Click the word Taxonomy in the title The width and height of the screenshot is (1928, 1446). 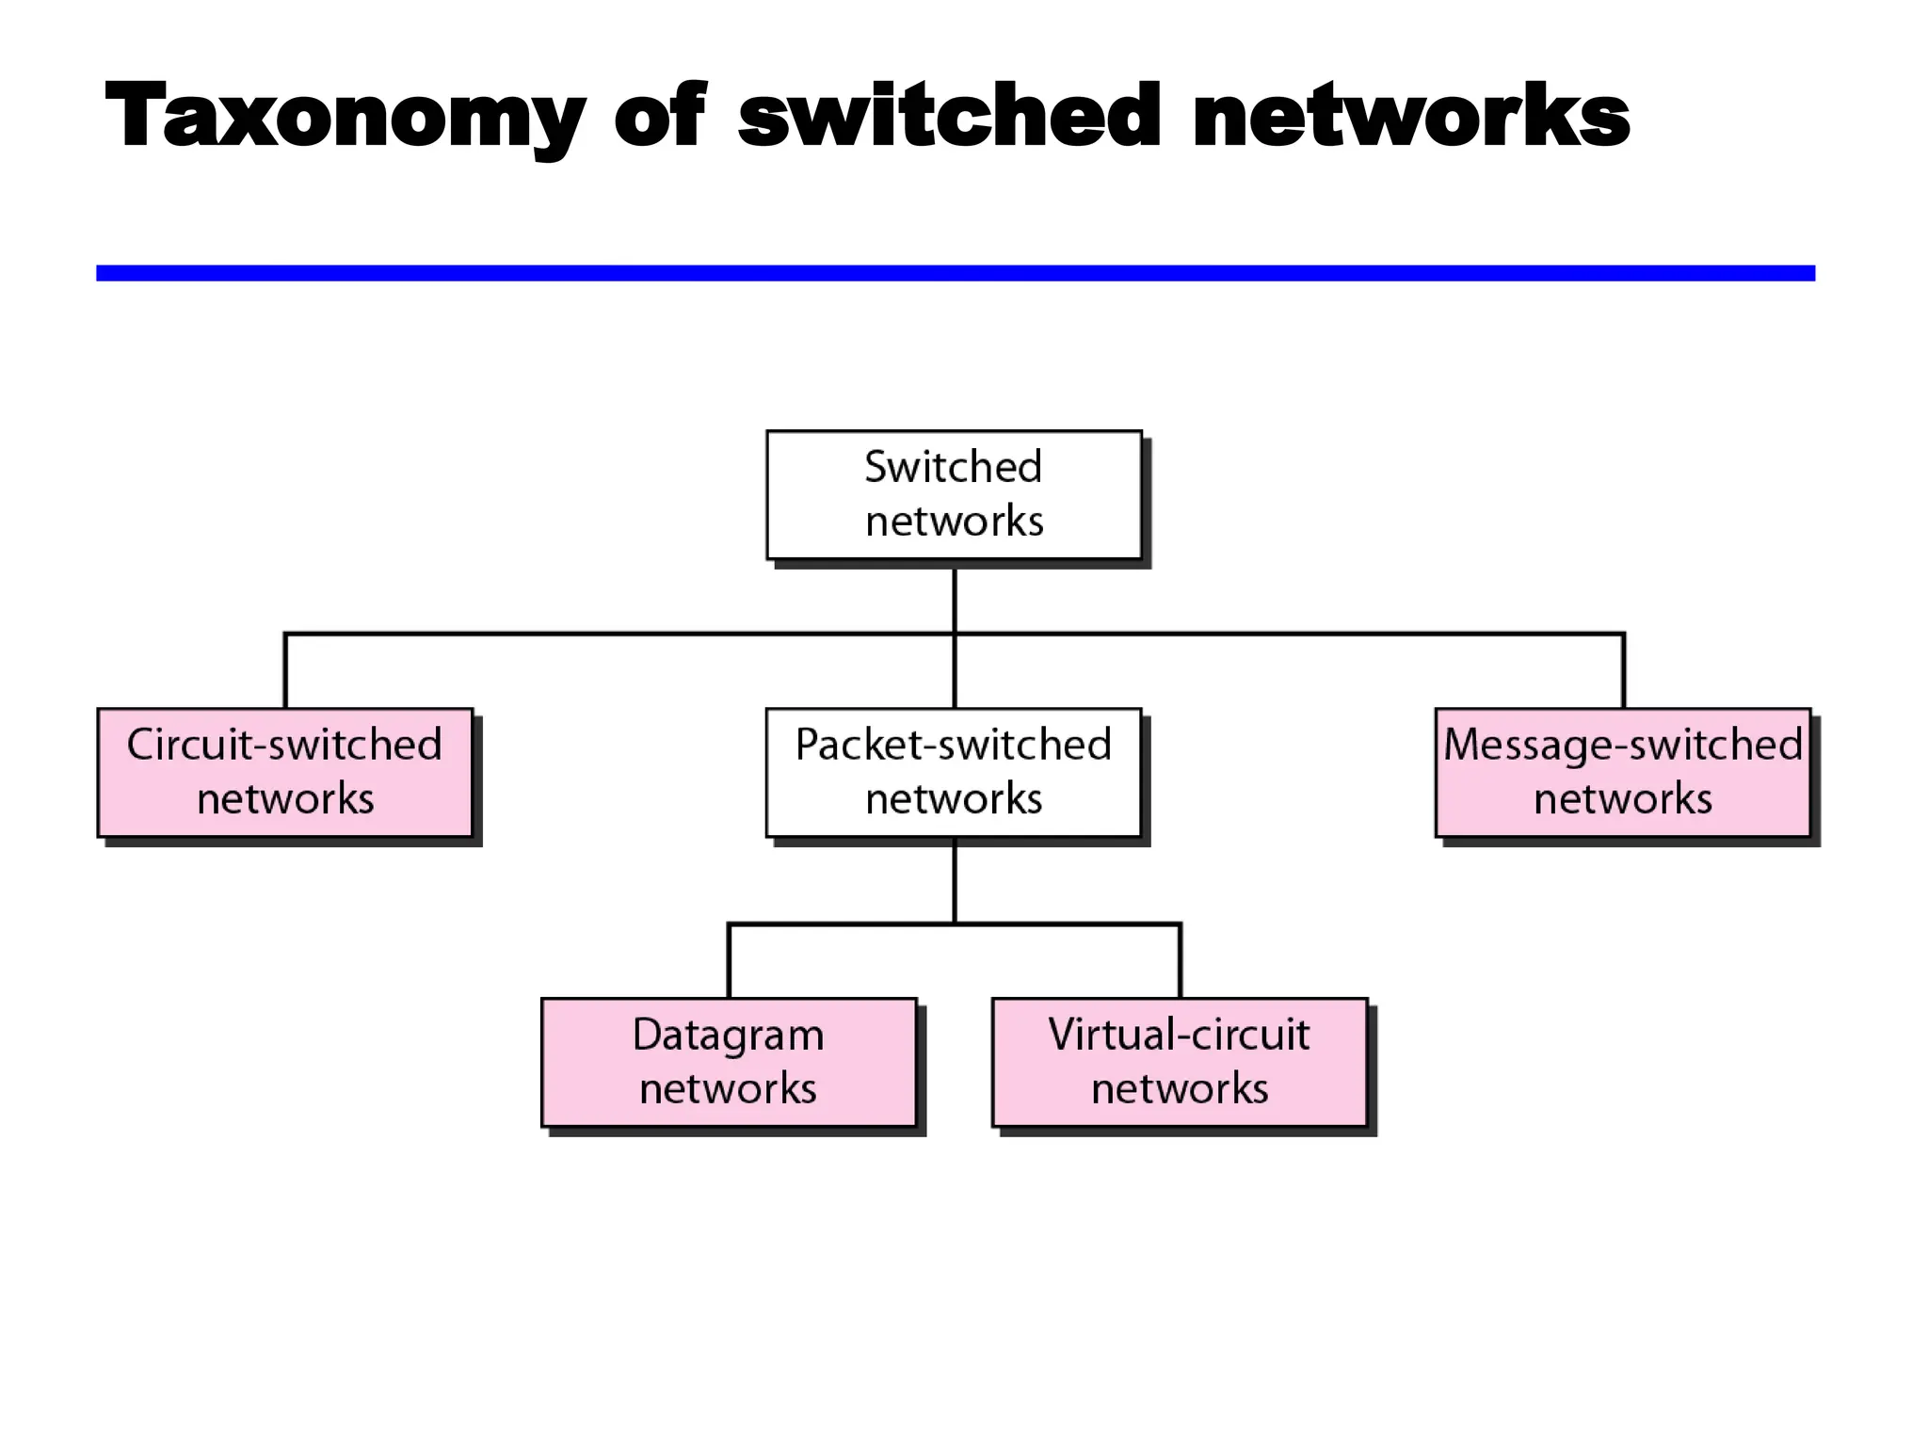point(345,117)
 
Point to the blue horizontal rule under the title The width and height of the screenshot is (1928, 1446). point(955,273)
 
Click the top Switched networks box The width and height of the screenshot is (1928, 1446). point(954,495)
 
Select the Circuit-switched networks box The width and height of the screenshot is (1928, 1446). point(284,773)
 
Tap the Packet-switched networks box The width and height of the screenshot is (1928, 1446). point(954,773)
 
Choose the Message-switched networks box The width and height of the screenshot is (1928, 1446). point(1623,773)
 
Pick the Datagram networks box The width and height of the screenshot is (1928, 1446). point(729,1063)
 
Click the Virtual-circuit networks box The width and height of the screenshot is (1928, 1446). point(1180,1063)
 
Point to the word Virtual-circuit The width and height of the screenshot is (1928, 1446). point(1179,1035)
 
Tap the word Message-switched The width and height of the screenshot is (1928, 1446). point(1623,746)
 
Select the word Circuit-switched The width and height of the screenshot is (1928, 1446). point(284,746)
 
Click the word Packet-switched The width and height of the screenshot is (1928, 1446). point(954,746)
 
